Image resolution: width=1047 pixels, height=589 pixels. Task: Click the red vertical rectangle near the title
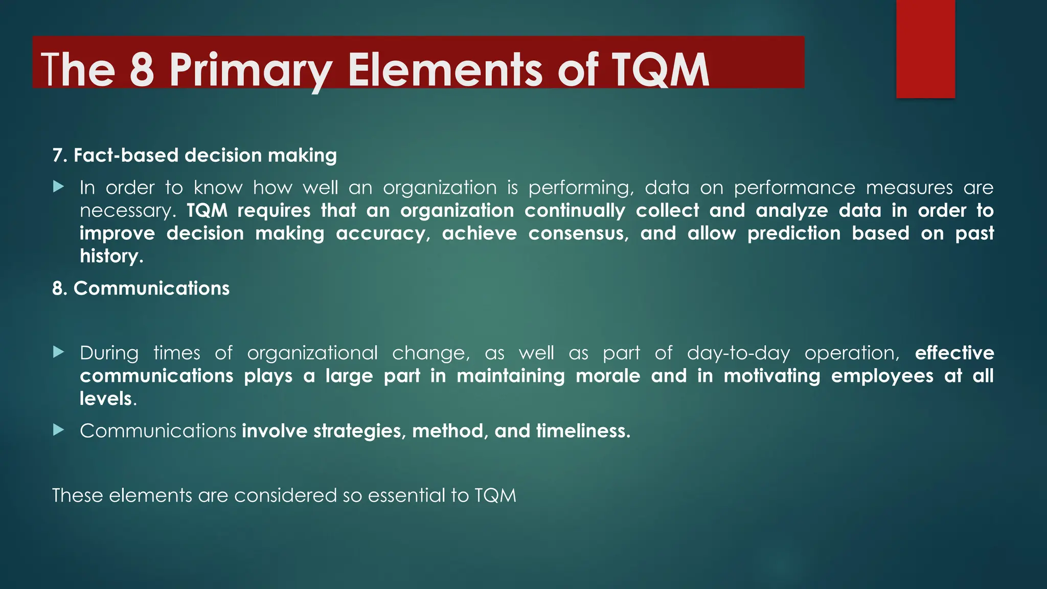[x=925, y=49]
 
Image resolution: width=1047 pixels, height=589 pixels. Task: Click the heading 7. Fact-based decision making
[x=194, y=155]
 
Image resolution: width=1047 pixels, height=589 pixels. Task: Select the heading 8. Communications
[x=141, y=288]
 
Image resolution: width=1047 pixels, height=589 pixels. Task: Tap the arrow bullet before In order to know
[x=59, y=187]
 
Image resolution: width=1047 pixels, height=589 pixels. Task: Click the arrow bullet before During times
[x=59, y=352]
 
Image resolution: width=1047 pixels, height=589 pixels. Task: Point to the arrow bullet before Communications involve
[x=59, y=431]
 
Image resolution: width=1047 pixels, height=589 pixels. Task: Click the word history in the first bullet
[x=111, y=256]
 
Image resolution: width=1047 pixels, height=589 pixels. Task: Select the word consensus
[x=578, y=234]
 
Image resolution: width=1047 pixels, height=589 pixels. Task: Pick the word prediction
[x=793, y=234]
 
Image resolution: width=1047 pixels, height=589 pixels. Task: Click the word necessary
[x=127, y=211]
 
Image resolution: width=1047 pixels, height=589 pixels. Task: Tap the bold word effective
[x=954, y=353]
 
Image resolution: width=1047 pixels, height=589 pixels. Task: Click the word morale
[x=608, y=376]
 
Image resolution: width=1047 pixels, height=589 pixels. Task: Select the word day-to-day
[x=738, y=353]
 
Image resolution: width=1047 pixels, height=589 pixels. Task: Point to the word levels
[x=106, y=399]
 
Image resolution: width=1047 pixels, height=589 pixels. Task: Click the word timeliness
[x=583, y=431]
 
